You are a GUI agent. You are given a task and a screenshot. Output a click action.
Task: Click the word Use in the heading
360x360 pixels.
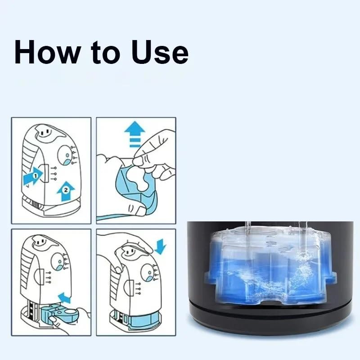tap(160, 52)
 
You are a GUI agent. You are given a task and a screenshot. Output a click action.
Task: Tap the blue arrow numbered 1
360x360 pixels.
tap(33, 176)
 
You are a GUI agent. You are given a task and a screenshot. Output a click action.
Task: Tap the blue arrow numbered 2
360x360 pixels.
tap(66, 191)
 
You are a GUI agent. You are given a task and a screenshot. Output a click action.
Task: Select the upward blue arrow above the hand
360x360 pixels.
tap(135, 134)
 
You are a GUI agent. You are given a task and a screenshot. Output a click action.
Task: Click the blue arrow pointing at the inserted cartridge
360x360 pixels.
tap(65, 297)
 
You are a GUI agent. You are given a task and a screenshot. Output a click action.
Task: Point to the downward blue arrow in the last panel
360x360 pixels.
tap(161, 247)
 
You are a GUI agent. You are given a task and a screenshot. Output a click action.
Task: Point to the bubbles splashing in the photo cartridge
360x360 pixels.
tap(301, 269)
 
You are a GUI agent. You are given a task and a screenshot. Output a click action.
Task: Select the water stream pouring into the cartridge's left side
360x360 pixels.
tap(248, 241)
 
